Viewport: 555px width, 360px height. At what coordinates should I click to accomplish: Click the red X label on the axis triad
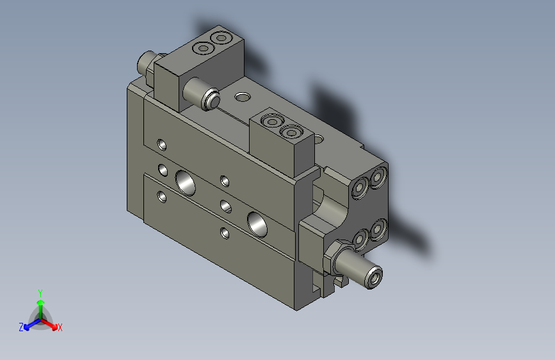pyautogui.click(x=60, y=327)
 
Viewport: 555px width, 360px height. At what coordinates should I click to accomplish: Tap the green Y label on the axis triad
pyautogui.click(x=40, y=291)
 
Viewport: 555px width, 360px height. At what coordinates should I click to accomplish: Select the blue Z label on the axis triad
pyautogui.click(x=21, y=327)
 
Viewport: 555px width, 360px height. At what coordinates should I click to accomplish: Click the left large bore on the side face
pyautogui.click(x=186, y=183)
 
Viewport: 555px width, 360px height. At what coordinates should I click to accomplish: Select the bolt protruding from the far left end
pyautogui.click(x=147, y=63)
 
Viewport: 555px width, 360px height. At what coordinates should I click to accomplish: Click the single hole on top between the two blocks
pyautogui.click(x=243, y=97)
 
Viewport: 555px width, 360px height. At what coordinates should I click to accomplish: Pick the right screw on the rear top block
pyautogui.click(x=221, y=38)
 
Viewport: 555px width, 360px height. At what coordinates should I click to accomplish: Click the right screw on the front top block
pyautogui.click(x=291, y=133)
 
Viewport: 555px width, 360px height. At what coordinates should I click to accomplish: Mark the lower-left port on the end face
pyautogui.click(x=360, y=239)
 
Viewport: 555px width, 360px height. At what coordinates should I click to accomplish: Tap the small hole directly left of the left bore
pyautogui.click(x=163, y=170)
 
